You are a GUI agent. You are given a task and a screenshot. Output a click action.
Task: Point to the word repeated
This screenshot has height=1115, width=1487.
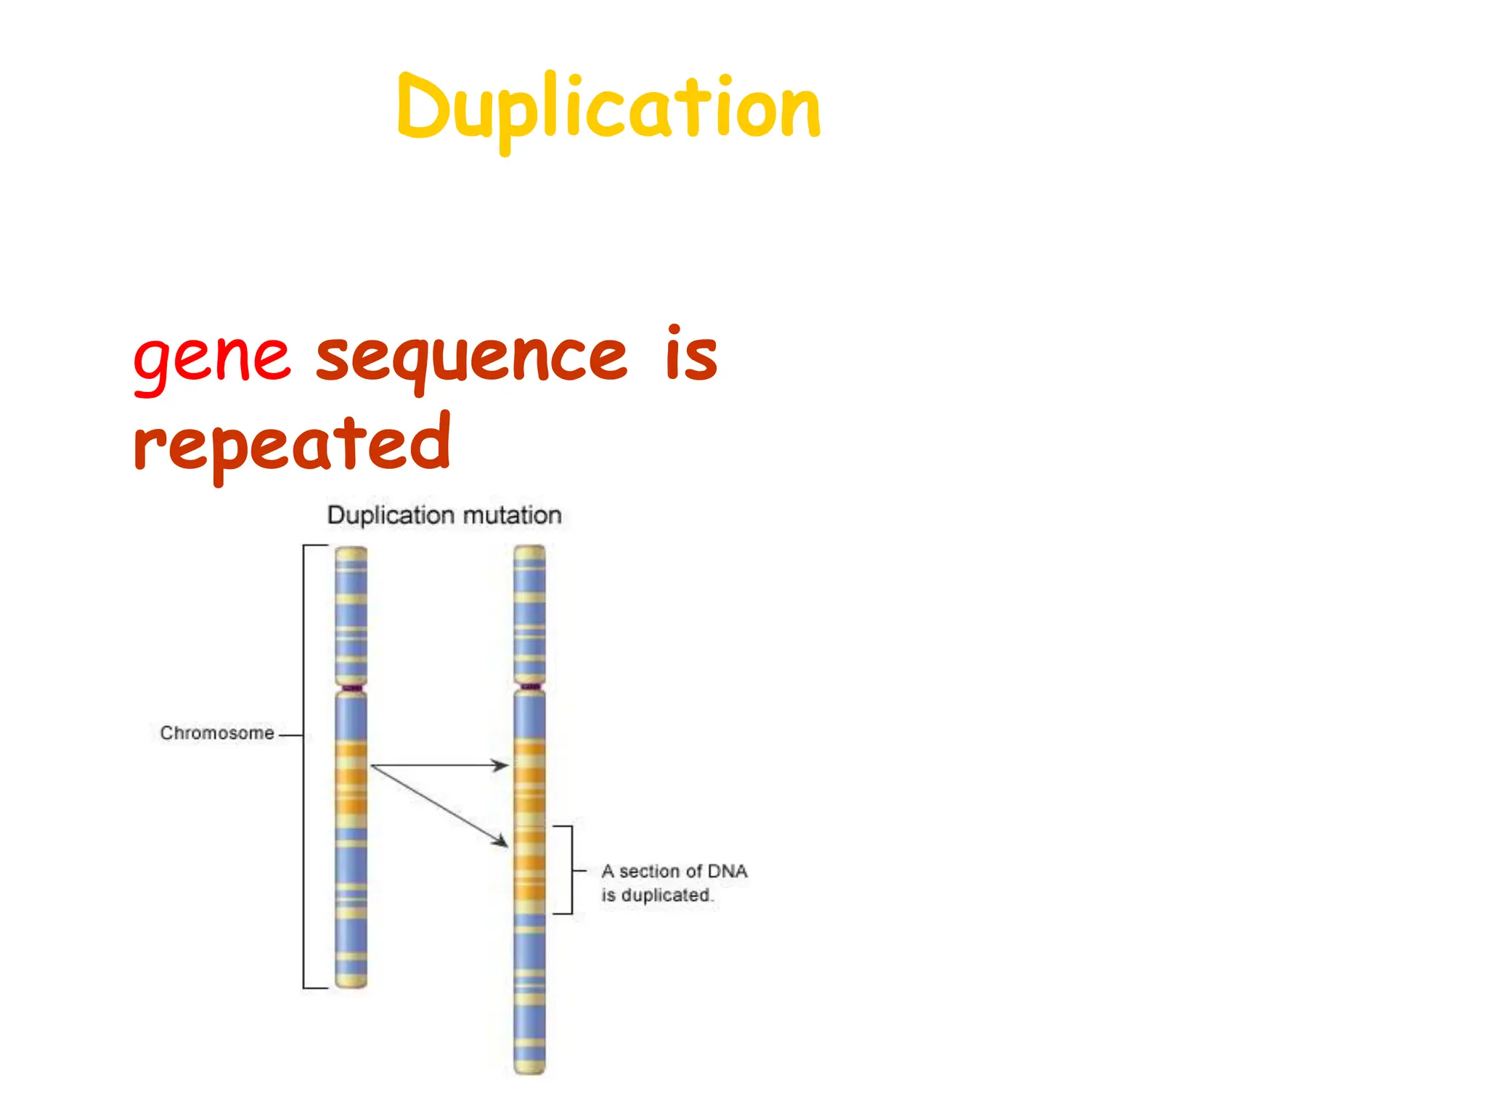pyautogui.click(x=292, y=443)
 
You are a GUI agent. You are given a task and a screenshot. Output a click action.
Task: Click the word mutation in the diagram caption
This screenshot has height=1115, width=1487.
pyautogui.click(x=512, y=515)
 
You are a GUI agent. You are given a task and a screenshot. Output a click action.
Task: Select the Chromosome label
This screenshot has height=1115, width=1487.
pyautogui.click(x=217, y=733)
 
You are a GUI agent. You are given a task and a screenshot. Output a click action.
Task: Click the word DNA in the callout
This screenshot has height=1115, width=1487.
pyautogui.click(x=727, y=871)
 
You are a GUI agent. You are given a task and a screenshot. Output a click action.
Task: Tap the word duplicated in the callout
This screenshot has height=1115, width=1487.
pyautogui.click(x=666, y=895)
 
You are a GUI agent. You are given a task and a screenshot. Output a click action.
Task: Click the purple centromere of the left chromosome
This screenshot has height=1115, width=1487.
pyautogui.click(x=351, y=687)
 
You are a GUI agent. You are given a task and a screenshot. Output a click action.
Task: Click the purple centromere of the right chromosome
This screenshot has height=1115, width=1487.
pyautogui.click(x=530, y=686)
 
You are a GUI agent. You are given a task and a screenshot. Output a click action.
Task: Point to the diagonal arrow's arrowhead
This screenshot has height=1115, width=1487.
pyautogui.click(x=502, y=842)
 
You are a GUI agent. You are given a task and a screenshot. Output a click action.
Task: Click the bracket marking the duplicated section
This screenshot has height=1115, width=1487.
pyautogui.click(x=571, y=870)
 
